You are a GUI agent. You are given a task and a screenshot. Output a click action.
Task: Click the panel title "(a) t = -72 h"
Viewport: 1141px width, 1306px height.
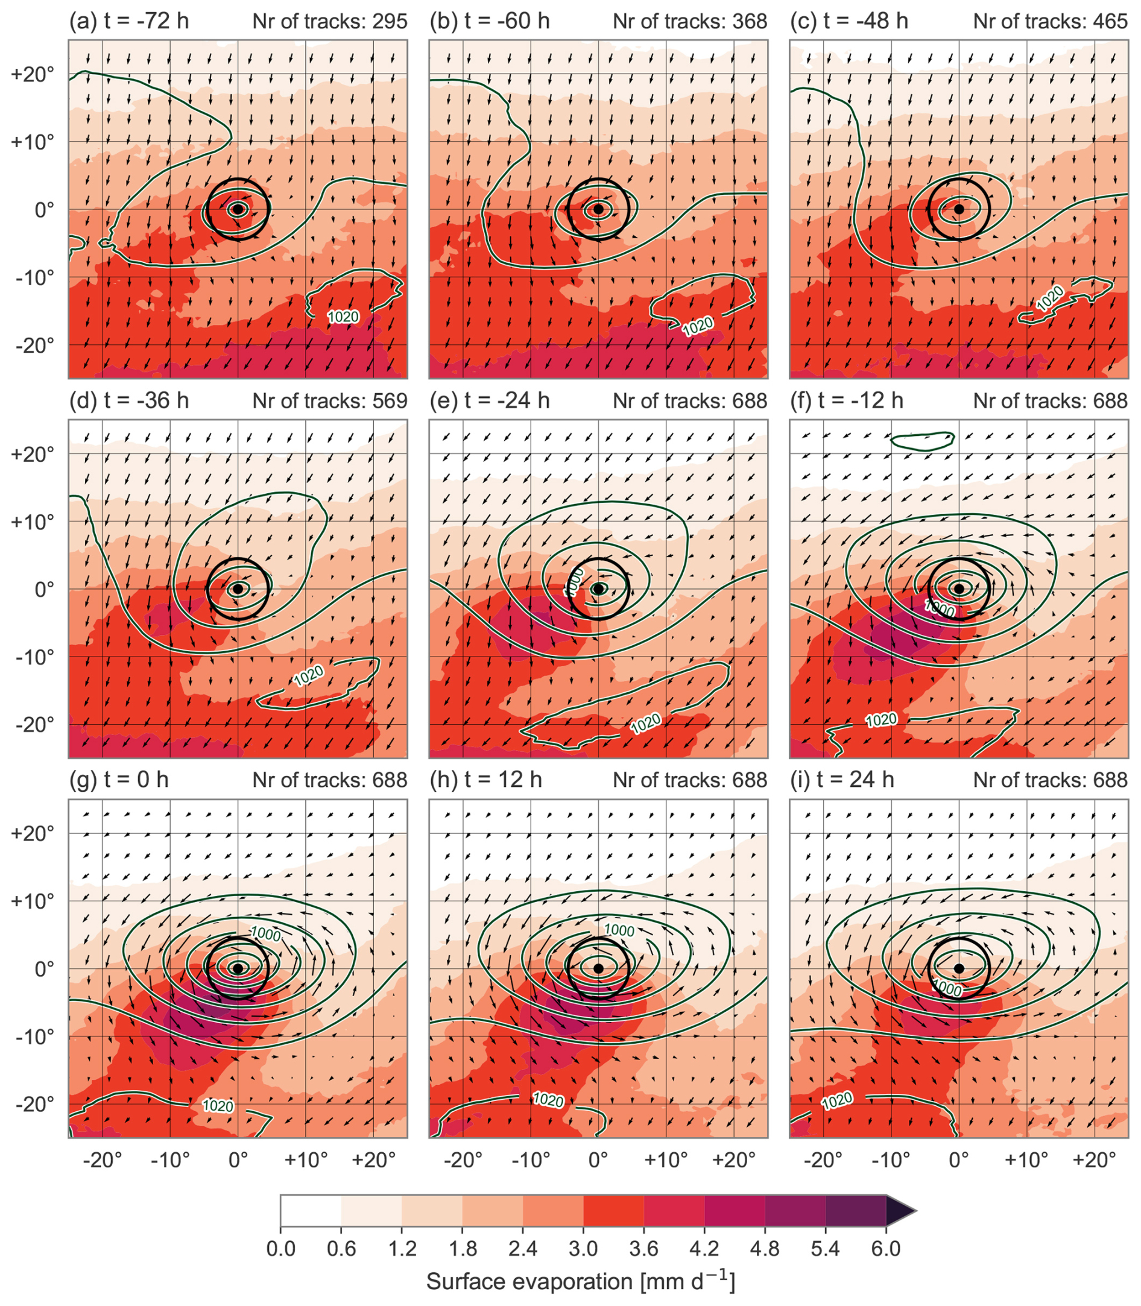point(128,21)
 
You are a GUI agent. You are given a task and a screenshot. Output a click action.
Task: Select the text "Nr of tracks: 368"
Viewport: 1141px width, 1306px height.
point(689,21)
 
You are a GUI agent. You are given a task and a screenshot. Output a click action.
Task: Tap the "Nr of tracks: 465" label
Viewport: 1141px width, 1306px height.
point(1050,21)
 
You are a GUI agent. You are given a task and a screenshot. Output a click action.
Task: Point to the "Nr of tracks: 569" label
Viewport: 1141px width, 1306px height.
point(329,400)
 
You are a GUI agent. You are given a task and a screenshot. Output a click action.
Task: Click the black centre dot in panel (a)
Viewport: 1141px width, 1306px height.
point(238,209)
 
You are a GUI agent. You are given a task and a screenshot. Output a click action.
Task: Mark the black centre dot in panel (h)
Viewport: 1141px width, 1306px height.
point(598,968)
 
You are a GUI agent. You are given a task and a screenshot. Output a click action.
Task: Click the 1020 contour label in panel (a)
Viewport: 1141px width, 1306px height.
point(343,317)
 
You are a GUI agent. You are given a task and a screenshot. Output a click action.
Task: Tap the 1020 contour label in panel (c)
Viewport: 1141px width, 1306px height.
point(1049,298)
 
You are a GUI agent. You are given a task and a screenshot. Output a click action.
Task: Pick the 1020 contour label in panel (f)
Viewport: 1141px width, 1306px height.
point(881,720)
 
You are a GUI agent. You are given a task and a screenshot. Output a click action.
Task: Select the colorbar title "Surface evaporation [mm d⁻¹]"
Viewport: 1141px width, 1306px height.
point(581,1281)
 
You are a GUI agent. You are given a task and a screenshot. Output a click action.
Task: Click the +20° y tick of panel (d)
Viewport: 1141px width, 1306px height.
point(33,455)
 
